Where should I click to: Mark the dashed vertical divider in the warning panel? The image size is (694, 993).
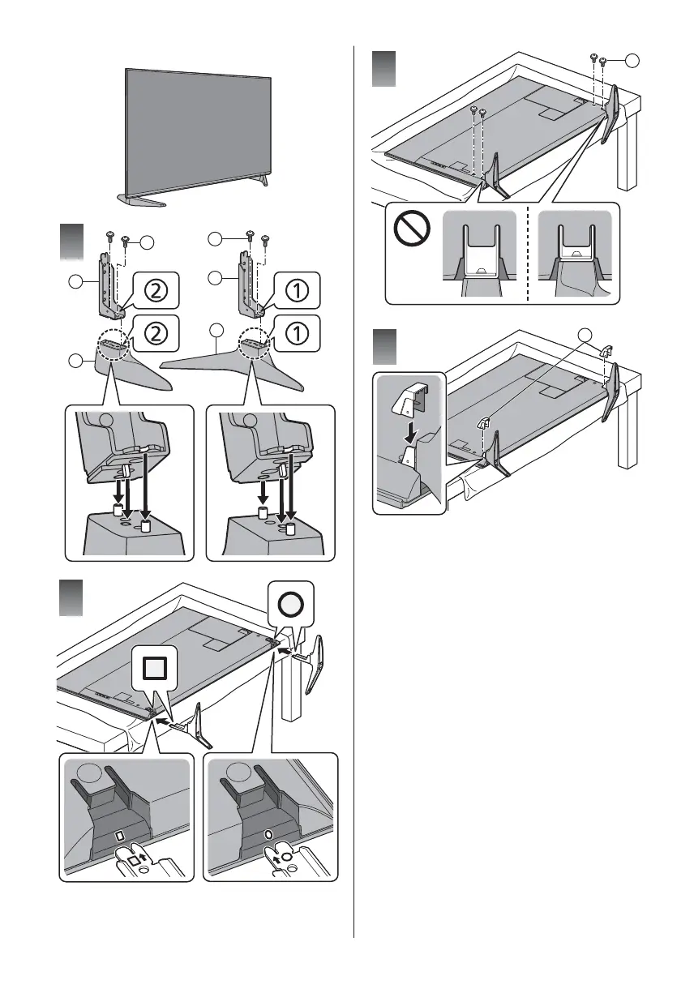pyautogui.click(x=528, y=252)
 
